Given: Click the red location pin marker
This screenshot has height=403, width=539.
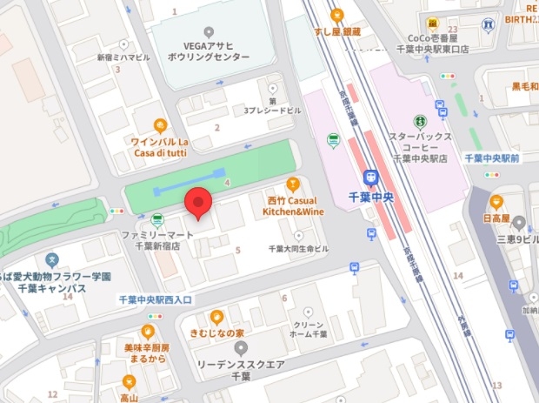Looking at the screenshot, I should (x=200, y=202).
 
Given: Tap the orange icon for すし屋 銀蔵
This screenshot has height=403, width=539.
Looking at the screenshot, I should (x=336, y=14).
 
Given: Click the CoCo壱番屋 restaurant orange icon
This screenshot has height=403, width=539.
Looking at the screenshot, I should (x=431, y=21).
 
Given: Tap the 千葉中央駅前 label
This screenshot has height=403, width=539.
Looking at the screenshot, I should (x=491, y=158).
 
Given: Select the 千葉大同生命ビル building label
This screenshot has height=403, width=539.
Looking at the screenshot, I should (x=298, y=249).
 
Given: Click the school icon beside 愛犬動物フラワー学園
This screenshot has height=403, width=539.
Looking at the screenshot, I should (x=52, y=259).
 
